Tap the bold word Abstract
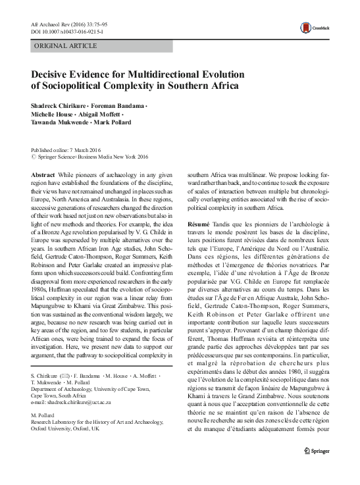[43, 167]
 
